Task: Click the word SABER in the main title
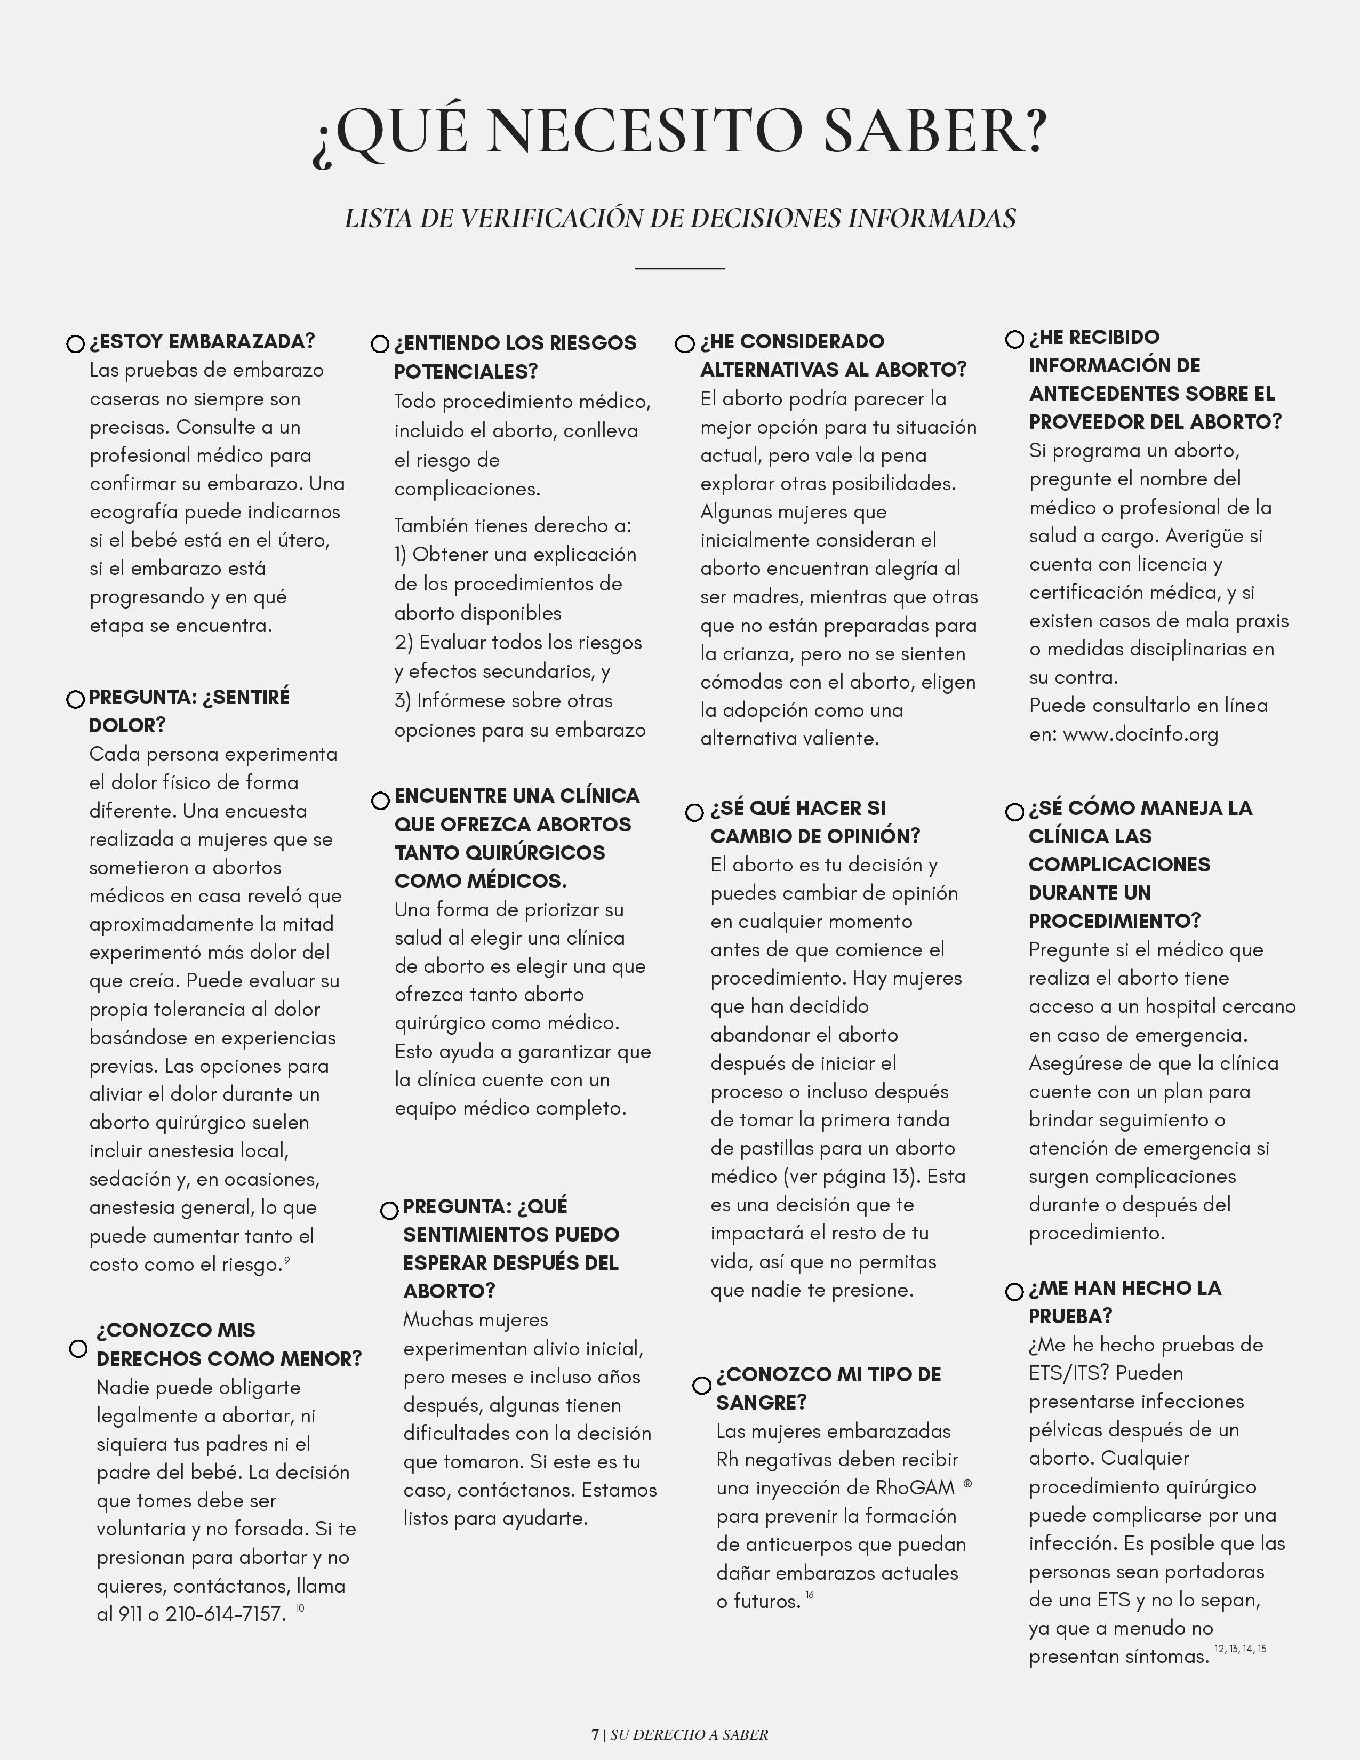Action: click(934, 131)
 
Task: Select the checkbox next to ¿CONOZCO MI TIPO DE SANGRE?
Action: click(702, 1385)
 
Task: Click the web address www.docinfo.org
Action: click(1140, 734)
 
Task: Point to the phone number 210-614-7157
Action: click(226, 1614)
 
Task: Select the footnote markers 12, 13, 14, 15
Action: click(1240, 1649)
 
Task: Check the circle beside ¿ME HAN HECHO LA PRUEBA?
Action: click(1015, 1292)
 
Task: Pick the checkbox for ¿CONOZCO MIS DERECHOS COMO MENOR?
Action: click(78, 1348)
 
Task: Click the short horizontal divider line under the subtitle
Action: click(679, 268)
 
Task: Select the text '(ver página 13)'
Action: click(850, 1177)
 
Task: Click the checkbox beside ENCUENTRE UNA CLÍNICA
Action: click(380, 801)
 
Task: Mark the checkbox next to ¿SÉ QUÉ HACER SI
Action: click(694, 812)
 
